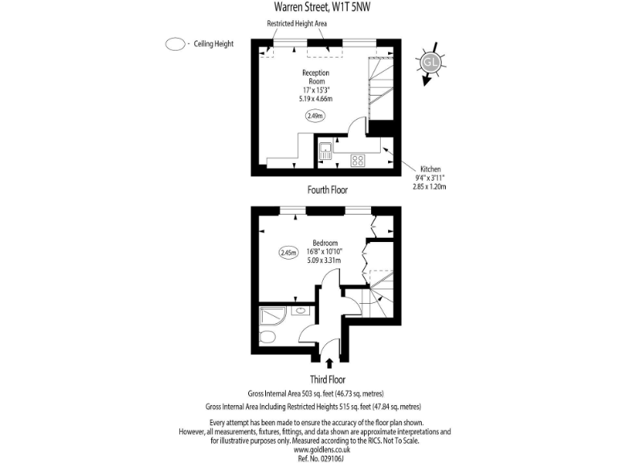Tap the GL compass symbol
pyautogui.click(x=431, y=62)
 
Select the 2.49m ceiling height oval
pyautogui.click(x=316, y=116)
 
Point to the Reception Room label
pyautogui.click(x=316, y=77)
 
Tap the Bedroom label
pyautogui.click(x=325, y=244)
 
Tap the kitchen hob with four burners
pyautogui.click(x=358, y=160)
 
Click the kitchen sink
pyautogui.click(x=325, y=151)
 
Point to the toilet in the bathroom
pyautogui.click(x=270, y=336)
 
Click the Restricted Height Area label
pyautogui.click(x=296, y=24)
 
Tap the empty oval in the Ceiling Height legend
pyautogui.click(x=174, y=44)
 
